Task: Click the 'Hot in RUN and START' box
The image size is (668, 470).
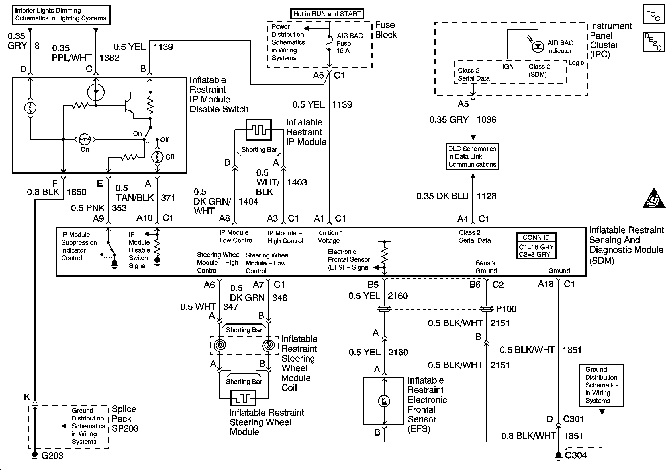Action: (x=327, y=14)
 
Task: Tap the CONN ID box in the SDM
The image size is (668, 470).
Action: (x=536, y=246)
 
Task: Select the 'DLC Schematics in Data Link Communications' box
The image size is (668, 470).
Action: (x=472, y=156)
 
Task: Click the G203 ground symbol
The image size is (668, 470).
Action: (x=35, y=455)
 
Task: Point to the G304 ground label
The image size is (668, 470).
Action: (x=576, y=455)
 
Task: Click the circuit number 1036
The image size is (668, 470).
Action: (x=487, y=120)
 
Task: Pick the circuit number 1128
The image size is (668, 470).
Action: (x=487, y=196)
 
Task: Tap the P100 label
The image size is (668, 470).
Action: (x=506, y=309)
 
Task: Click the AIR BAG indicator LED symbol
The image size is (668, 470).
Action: (x=538, y=46)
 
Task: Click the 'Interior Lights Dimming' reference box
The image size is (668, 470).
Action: (x=61, y=15)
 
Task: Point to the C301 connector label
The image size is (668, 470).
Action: (x=573, y=419)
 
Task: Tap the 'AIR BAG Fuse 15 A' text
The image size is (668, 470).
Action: (x=350, y=43)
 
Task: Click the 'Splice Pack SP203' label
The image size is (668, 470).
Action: (x=125, y=419)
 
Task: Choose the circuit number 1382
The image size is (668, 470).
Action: (x=109, y=58)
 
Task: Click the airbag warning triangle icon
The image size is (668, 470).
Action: (x=654, y=199)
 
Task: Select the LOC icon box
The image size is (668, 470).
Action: (x=653, y=14)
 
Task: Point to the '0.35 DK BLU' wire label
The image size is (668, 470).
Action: (x=442, y=196)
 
